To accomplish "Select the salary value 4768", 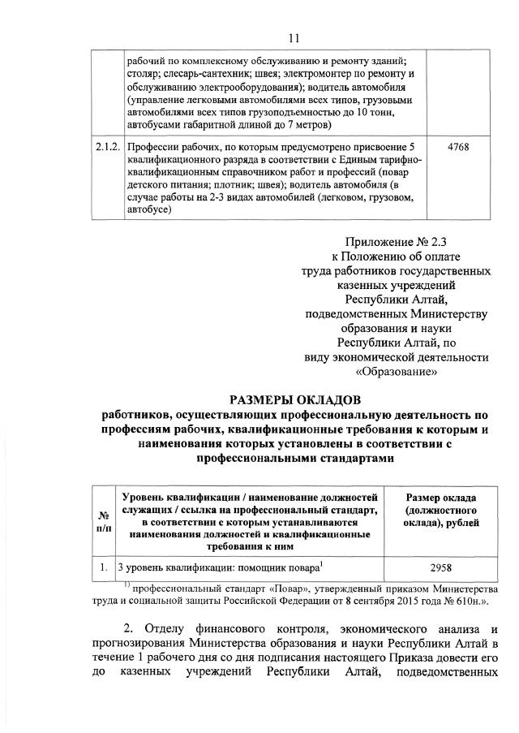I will click(x=457, y=147).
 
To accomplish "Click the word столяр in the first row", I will click(x=144, y=73).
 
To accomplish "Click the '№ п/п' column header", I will click(x=104, y=521).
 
